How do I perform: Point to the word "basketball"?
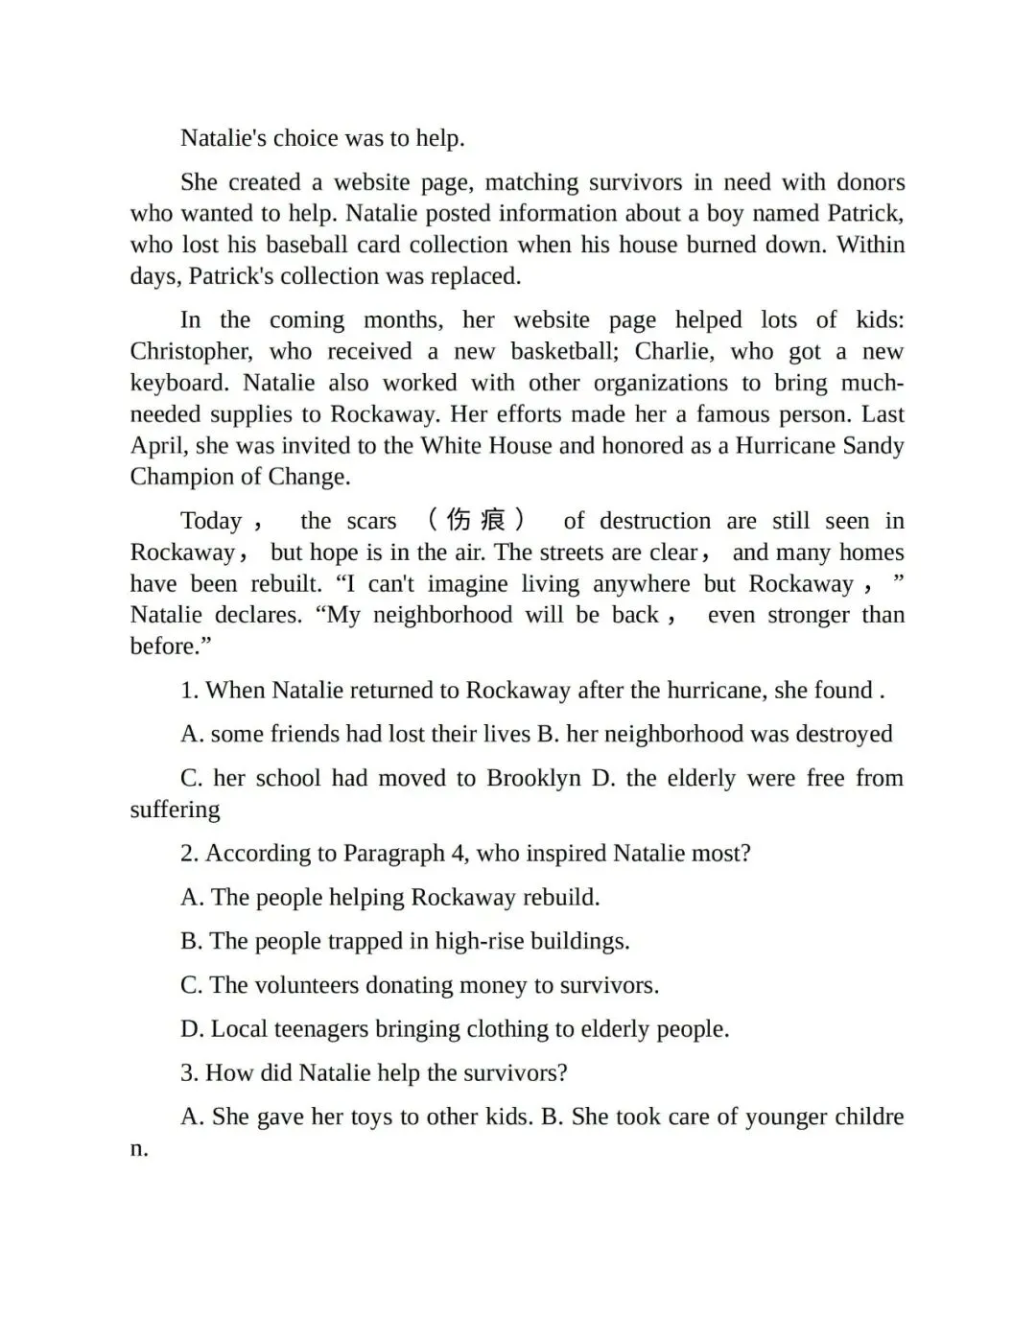pyautogui.click(x=564, y=351)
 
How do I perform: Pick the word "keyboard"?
pyautogui.click(x=178, y=383)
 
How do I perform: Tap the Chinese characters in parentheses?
pyautogui.click(x=476, y=520)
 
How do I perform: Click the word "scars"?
pyautogui.click(x=371, y=521)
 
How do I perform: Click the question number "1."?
pyautogui.click(x=190, y=691)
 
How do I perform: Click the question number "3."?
pyautogui.click(x=190, y=1073)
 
